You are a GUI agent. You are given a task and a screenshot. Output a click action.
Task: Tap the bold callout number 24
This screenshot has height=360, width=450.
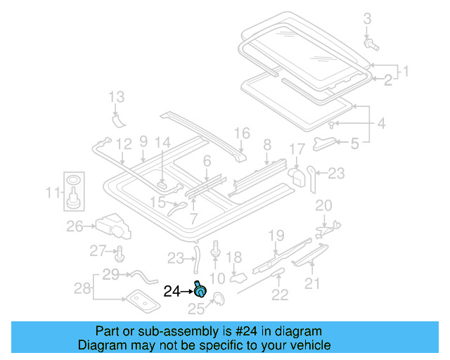(172, 290)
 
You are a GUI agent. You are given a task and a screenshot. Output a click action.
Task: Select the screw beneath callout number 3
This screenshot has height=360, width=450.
(371, 44)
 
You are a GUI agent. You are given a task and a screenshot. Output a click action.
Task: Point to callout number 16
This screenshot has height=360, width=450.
(242, 133)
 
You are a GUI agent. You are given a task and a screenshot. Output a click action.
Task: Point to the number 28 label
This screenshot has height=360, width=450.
(82, 288)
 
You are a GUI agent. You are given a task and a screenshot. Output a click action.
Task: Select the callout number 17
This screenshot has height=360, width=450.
(297, 149)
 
